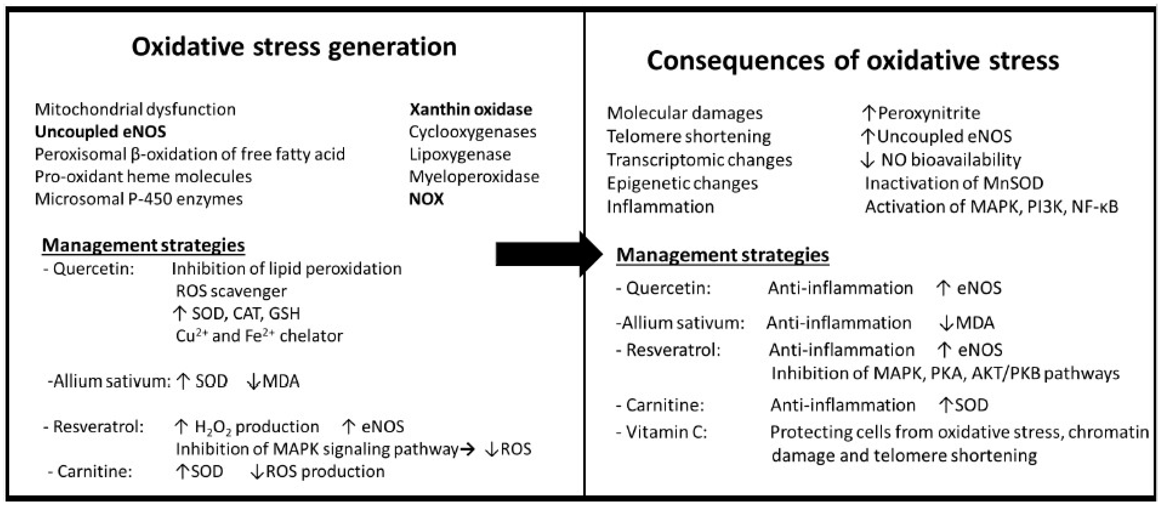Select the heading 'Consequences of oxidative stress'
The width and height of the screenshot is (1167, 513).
[x=852, y=61]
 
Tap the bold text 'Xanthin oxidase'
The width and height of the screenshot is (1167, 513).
[x=471, y=110]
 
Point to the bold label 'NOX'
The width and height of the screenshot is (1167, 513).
[x=426, y=199]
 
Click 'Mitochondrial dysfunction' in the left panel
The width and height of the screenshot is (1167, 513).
[x=135, y=110]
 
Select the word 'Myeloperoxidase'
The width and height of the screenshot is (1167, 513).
[x=474, y=176]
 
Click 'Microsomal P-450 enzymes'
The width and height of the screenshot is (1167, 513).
[x=139, y=199]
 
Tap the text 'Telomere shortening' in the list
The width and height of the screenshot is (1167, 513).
[x=689, y=136]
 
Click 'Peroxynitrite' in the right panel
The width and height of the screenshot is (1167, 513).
[x=929, y=113]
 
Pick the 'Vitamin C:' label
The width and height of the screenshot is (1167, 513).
[x=666, y=432]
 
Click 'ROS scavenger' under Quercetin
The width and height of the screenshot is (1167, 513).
[x=231, y=291]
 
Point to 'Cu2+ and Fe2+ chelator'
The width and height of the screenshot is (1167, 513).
[x=259, y=336]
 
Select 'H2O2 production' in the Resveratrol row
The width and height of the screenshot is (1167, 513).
[x=256, y=427]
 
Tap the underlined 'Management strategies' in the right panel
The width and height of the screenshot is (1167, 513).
[x=723, y=255]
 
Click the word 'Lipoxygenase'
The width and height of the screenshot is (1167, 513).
[x=460, y=154]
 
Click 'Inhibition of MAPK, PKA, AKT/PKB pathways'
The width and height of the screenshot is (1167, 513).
[x=945, y=373]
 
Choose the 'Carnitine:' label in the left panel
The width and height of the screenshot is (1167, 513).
[x=94, y=472]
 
